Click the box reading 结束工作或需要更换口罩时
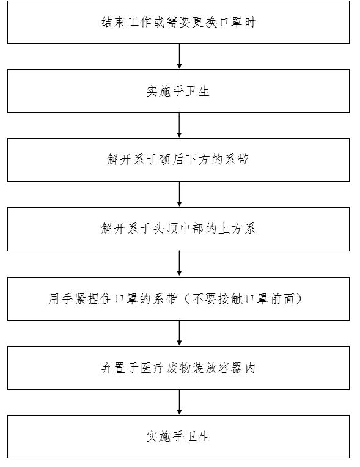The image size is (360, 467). (178, 23)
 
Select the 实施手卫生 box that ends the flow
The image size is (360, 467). (178, 436)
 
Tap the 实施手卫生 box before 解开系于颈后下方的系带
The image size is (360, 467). (178, 91)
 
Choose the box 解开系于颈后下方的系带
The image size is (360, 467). (178, 160)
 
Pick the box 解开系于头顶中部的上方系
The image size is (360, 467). (178, 229)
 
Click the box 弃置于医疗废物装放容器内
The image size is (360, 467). (178, 368)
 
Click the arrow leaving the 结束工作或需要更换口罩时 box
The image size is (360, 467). (179, 57)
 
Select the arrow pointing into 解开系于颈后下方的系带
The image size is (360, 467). (179, 125)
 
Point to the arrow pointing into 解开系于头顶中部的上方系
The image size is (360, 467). (179, 194)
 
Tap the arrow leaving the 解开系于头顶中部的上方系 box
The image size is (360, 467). (179, 264)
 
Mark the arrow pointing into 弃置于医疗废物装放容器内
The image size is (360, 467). (179, 333)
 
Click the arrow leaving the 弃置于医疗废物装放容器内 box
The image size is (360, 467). (179, 402)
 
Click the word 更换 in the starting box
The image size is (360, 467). (205, 23)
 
